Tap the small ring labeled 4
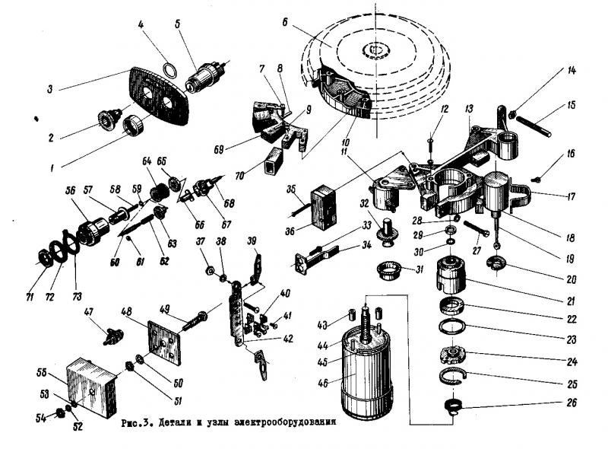pyautogui.click(x=173, y=71)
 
